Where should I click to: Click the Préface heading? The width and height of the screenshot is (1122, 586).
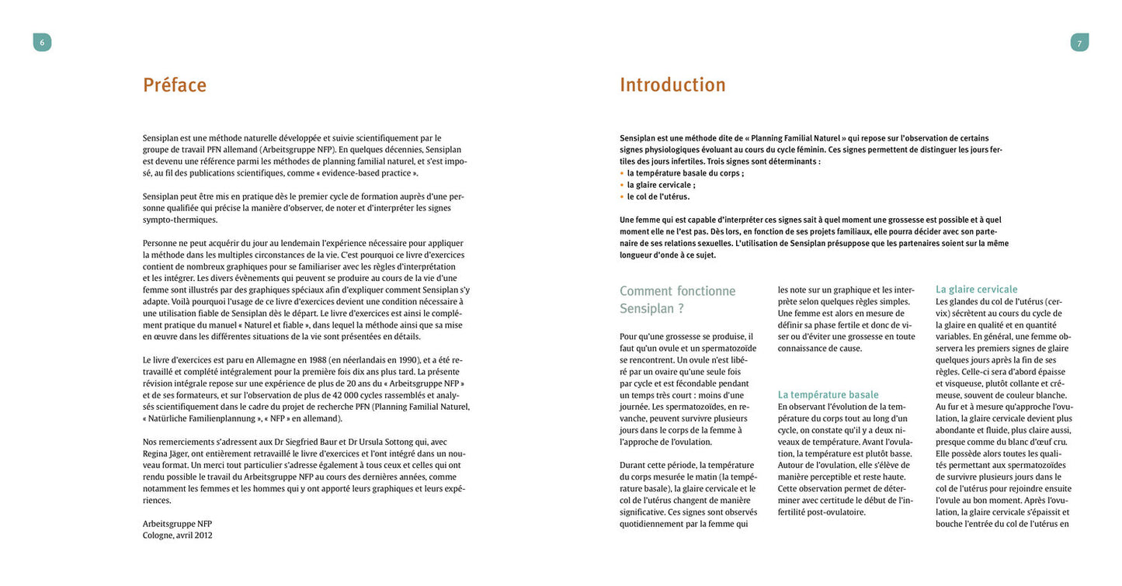tap(175, 85)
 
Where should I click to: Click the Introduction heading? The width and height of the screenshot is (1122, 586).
tap(672, 85)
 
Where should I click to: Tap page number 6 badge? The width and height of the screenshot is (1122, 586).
tap(42, 43)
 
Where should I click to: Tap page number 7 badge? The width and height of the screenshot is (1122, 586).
tap(1079, 43)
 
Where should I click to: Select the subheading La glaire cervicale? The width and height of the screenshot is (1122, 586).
tap(976, 290)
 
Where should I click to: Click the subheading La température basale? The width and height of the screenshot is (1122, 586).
tap(828, 394)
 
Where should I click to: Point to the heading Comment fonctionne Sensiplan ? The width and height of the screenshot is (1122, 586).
tap(677, 300)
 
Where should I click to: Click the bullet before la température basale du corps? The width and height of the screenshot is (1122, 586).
tap(622, 173)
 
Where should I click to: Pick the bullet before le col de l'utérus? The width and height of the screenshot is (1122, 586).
tap(622, 196)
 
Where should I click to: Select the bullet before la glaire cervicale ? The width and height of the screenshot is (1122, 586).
tap(622, 185)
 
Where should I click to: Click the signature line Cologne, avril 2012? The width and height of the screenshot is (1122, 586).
tap(177, 535)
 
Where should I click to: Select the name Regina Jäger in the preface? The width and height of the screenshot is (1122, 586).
tap(168, 453)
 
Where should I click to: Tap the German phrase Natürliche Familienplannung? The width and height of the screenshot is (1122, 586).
tap(201, 418)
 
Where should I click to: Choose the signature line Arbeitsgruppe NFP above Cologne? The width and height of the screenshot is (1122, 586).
tap(177, 523)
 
